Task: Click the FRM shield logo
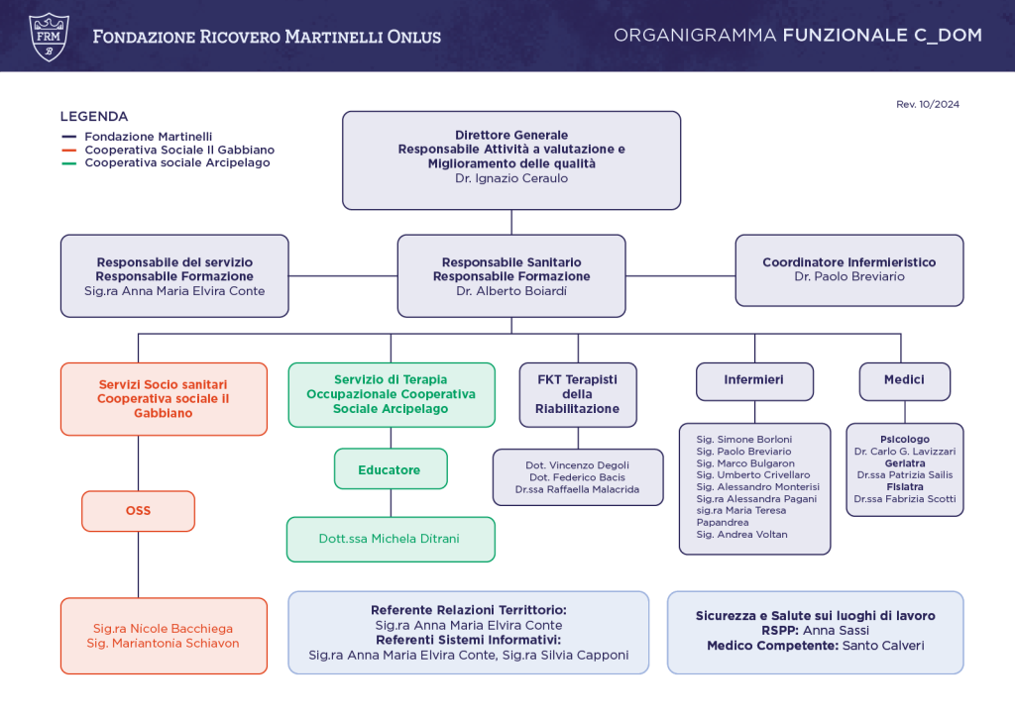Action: tap(50, 38)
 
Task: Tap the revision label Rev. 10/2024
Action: tap(928, 104)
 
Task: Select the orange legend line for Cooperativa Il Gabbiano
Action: tap(68, 150)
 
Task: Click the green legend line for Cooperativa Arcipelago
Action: tap(68, 163)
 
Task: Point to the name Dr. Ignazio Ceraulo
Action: tap(511, 178)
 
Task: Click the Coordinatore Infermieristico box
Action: tap(849, 270)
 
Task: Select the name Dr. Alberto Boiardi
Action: tap(511, 291)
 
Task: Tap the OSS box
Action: tap(138, 511)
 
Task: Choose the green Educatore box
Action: tap(391, 469)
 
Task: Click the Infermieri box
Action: tap(754, 381)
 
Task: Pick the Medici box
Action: tap(904, 381)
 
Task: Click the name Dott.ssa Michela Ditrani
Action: tap(389, 539)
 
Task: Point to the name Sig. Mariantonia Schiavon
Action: tap(164, 644)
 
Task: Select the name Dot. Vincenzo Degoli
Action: tap(578, 465)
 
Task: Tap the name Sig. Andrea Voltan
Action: tap(741, 535)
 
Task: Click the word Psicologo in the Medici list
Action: tap(904, 439)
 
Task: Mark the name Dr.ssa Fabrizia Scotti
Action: tap(904, 499)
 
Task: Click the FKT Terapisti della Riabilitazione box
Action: tap(578, 394)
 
